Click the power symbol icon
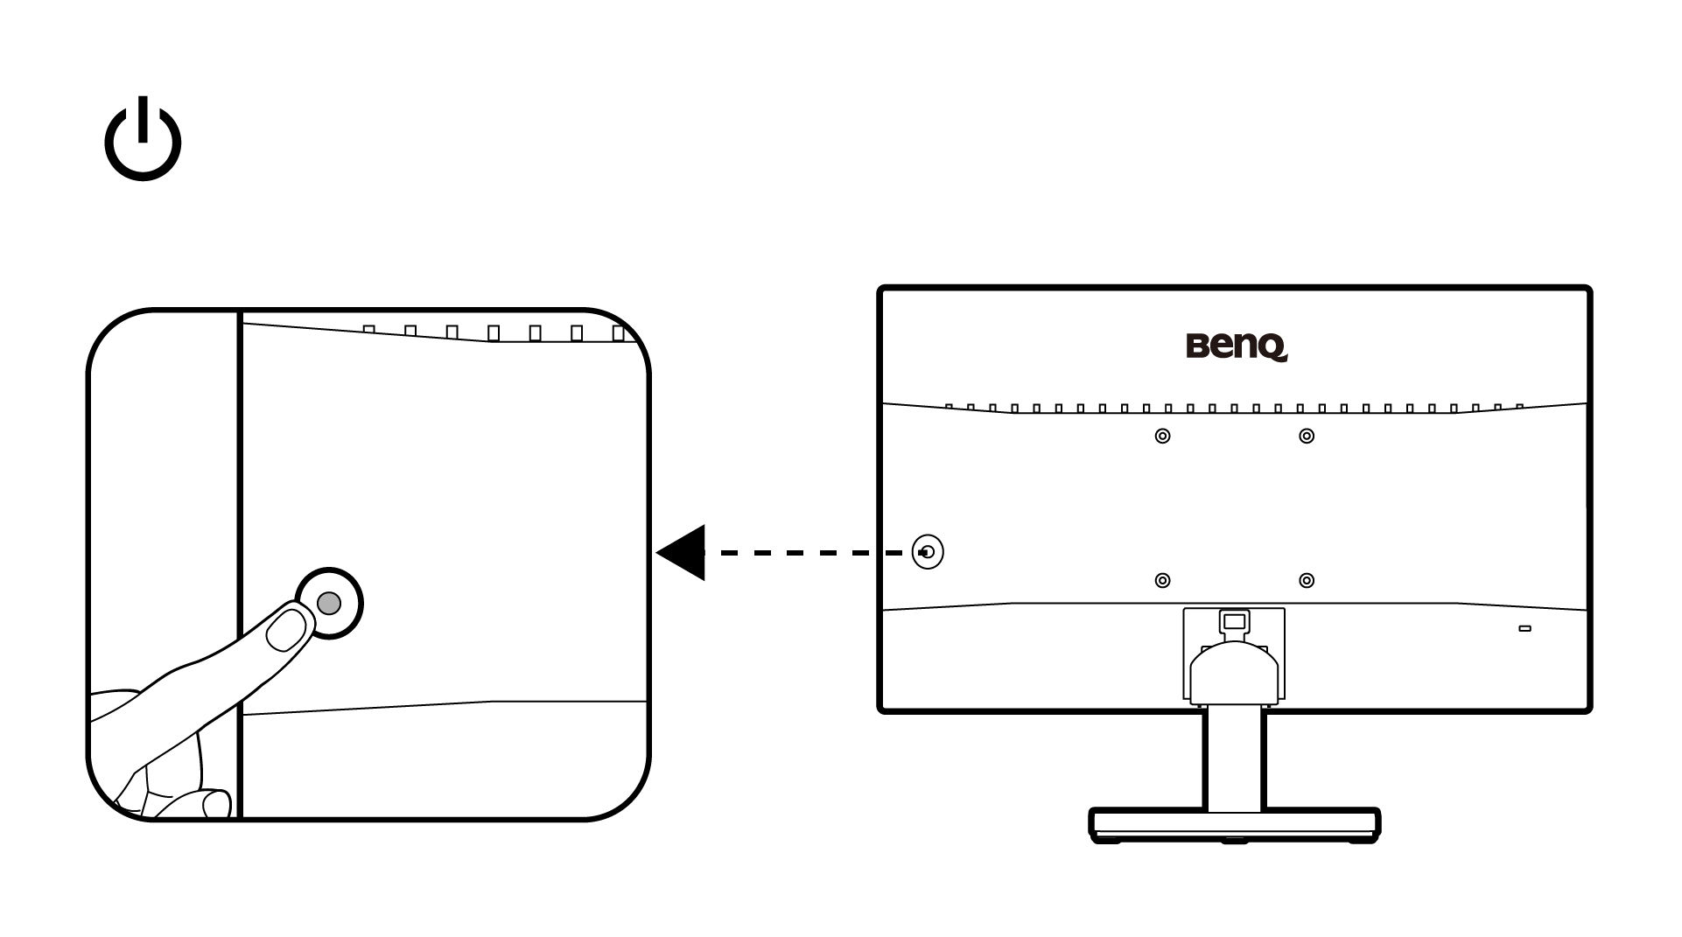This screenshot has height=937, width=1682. (143, 141)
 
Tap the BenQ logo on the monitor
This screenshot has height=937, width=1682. (1237, 346)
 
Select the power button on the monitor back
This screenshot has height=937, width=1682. (928, 552)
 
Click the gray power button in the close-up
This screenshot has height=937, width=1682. (329, 603)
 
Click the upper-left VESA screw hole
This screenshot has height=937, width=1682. (1162, 436)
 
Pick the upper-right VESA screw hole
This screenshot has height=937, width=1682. (1307, 436)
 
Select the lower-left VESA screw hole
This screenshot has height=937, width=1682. (1162, 580)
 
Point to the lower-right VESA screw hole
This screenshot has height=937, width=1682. (1307, 580)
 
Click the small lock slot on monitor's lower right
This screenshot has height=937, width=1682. (1524, 629)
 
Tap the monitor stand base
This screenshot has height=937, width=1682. (1234, 823)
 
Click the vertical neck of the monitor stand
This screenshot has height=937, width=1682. (1234, 757)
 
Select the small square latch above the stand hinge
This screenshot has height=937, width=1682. (1233, 620)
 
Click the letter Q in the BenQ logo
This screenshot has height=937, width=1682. (1273, 348)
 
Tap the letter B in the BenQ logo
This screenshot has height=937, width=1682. (1197, 346)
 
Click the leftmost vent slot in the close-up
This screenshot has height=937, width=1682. (368, 330)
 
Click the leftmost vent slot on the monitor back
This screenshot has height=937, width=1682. (949, 406)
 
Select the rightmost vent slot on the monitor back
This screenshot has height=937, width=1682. (1519, 406)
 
